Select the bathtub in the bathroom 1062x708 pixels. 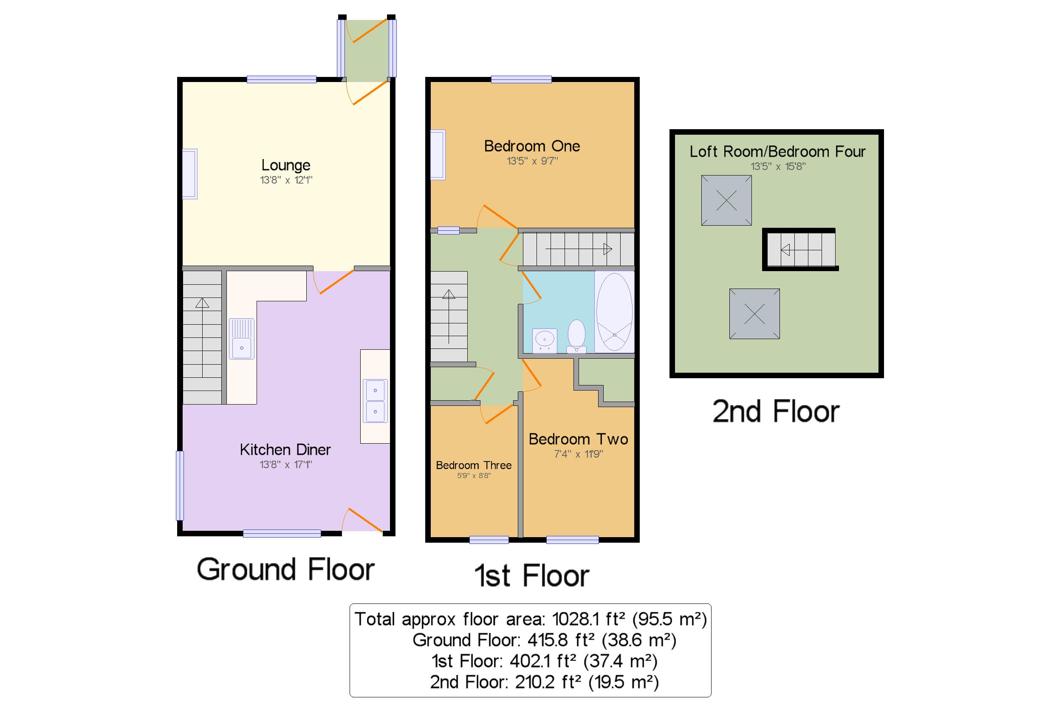point(614,312)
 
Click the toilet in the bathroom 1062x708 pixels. point(576,335)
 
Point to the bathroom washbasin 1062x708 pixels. point(544,340)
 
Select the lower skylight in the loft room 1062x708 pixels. point(754,313)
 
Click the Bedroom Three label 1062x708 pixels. point(474,465)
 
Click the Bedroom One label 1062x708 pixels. point(532,146)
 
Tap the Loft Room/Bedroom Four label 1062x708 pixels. point(777,152)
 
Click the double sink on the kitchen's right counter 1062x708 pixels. point(375,400)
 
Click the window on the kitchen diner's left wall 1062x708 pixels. point(180,485)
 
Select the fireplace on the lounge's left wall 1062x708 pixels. point(189,174)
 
